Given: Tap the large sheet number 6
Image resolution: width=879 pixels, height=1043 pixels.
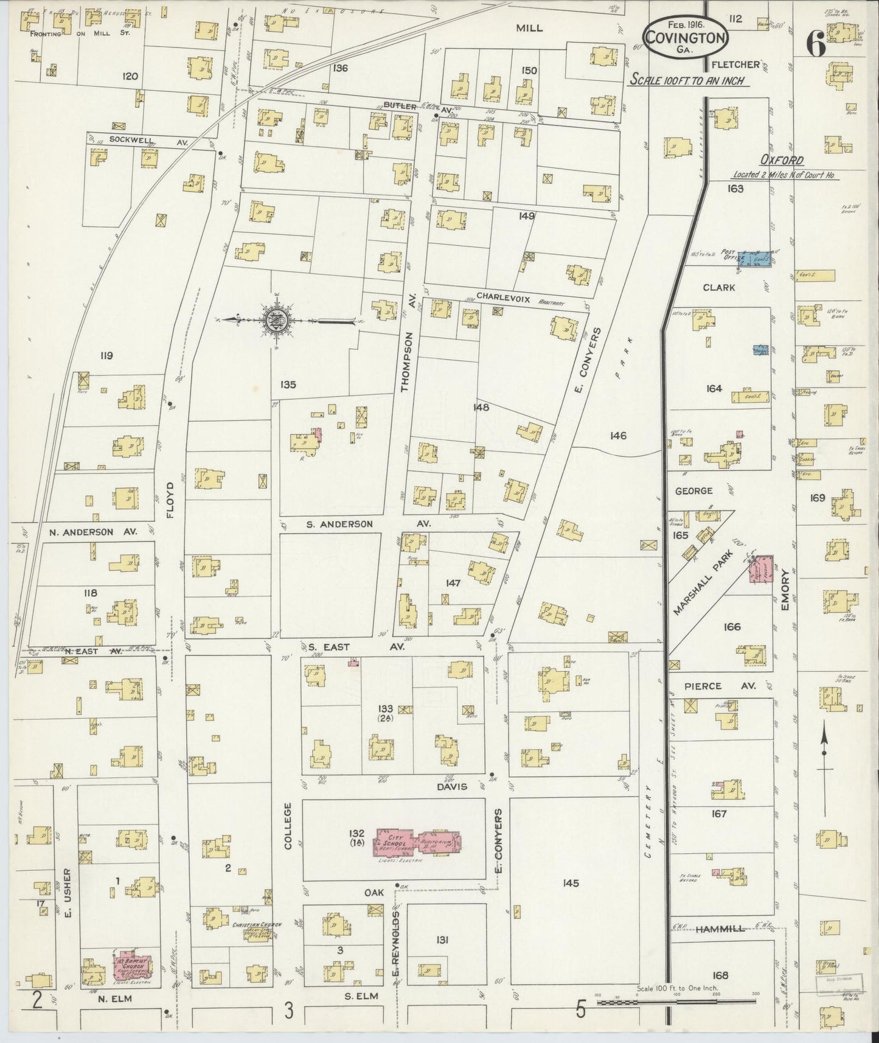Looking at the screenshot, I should point(816,43).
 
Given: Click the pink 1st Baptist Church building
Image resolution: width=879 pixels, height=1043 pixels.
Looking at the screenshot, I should point(132,966).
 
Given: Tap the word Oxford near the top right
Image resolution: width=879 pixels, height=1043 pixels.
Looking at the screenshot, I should point(782,161).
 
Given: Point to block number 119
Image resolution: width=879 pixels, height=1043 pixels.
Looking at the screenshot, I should point(106,355).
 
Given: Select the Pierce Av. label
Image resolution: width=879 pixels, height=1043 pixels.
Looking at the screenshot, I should point(720,686).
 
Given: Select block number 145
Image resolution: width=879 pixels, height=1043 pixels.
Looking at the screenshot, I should point(570,883).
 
